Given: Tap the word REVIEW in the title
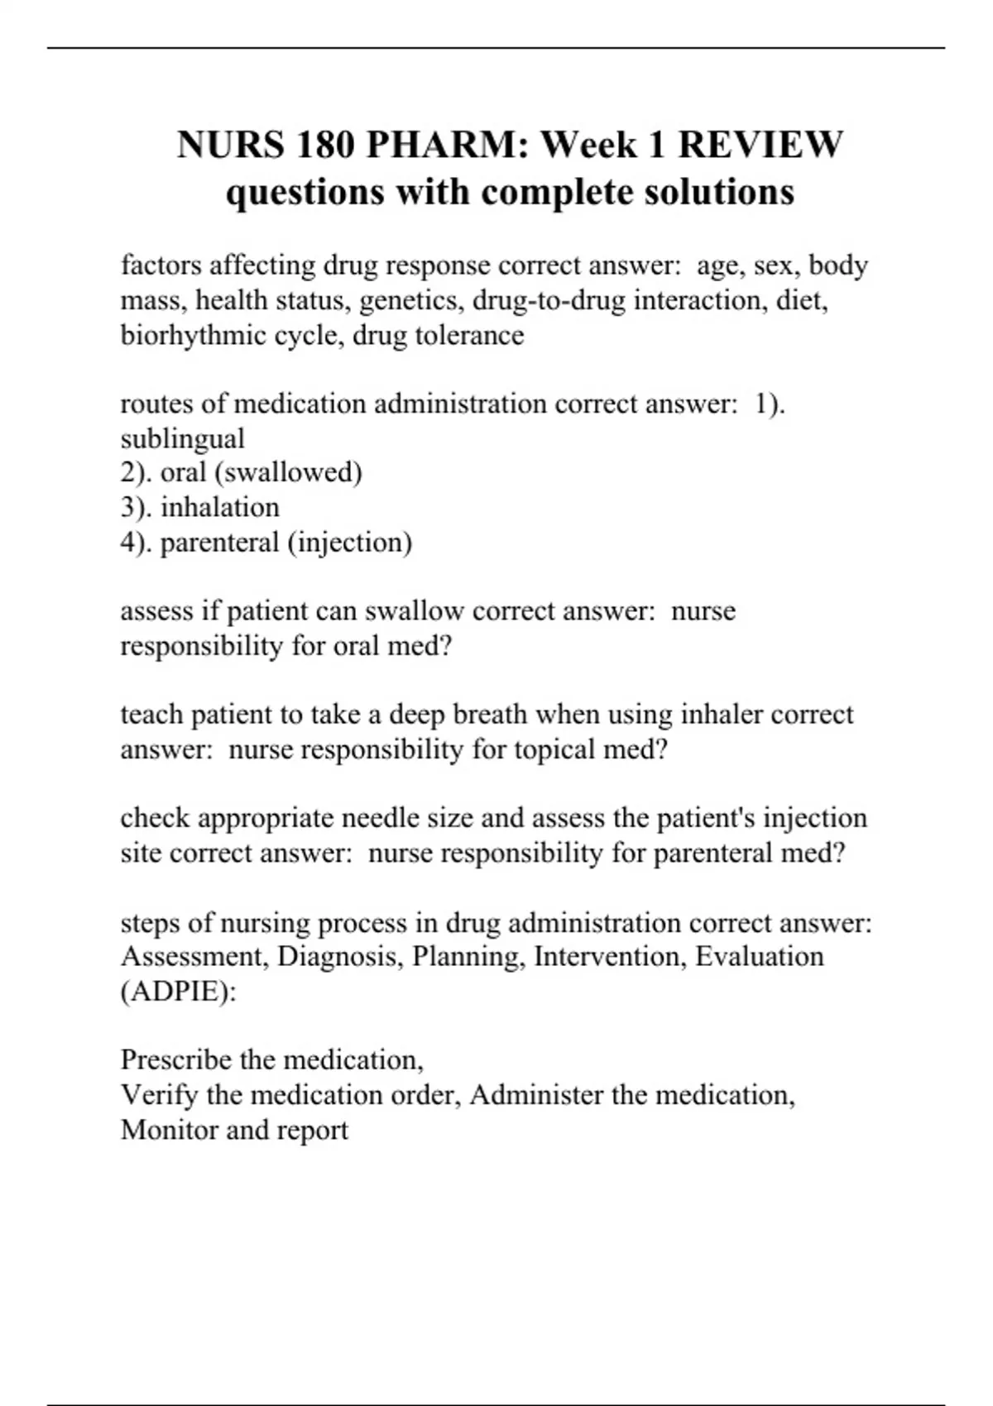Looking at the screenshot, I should click(760, 145).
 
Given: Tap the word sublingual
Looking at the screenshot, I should click(182, 438).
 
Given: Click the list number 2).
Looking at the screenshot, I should click(137, 472).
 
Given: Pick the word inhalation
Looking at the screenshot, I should click(219, 507).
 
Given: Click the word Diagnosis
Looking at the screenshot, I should click(340, 957).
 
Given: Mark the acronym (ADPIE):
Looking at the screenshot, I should click(178, 992).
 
